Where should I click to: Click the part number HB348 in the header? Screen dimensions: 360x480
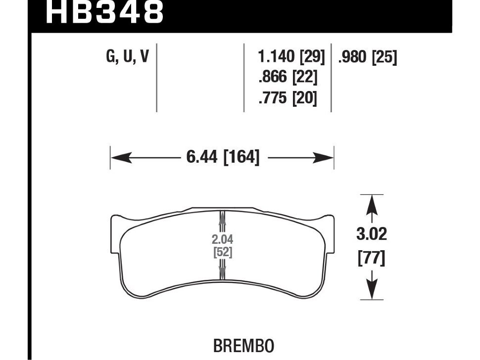[104, 13]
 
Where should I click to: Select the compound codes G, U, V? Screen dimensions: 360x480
[127, 57]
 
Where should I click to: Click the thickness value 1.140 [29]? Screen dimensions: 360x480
[291, 58]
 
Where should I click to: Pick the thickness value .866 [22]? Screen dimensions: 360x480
[288, 78]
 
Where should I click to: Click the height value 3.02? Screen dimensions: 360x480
[372, 233]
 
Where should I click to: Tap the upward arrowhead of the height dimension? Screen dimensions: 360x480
[372, 203]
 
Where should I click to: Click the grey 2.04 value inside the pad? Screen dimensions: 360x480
[222, 240]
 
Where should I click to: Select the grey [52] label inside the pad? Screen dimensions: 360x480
[222, 252]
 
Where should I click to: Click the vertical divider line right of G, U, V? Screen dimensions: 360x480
[156, 78]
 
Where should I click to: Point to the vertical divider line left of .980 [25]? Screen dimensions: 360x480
[331, 78]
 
